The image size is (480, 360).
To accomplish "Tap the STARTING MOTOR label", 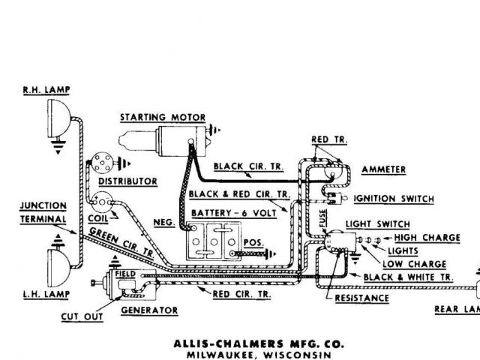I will [x=163, y=118].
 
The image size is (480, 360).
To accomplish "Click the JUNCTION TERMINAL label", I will [x=42, y=211].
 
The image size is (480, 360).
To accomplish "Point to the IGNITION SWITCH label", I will [x=393, y=199].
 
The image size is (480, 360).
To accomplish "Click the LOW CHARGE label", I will [x=414, y=264].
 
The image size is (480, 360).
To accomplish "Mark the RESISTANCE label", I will [x=361, y=298].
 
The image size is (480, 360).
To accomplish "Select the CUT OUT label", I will [x=82, y=317].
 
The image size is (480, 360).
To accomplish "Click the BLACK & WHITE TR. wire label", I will [x=408, y=277].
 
